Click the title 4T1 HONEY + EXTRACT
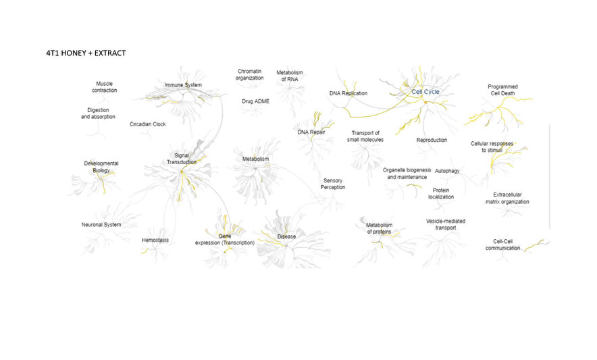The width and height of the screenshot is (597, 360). (86, 53)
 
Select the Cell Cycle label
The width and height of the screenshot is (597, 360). (425, 92)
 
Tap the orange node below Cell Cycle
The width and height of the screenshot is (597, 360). (425, 102)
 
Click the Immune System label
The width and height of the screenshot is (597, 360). (183, 85)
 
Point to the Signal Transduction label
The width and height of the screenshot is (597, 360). (182, 159)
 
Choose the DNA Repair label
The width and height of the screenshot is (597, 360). (311, 132)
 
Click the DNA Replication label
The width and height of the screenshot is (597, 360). (348, 93)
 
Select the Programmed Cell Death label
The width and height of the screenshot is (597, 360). (502, 90)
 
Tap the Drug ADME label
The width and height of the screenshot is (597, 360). (255, 101)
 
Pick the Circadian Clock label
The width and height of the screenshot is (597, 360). (148, 124)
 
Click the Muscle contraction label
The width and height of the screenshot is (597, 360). (104, 87)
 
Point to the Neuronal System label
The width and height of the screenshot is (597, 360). (101, 225)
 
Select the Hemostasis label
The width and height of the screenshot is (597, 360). (155, 240)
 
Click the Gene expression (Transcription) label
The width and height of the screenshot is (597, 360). (225, 239)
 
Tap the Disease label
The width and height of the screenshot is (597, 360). (287, 236)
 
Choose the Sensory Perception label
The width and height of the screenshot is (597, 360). (333, 184)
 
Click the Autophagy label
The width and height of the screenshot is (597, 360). (447, 171)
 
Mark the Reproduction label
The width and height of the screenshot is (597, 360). (432, 140)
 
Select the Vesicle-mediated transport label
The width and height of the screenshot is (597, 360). (446, 224)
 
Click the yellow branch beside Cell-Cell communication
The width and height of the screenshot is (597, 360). (535, 245)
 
